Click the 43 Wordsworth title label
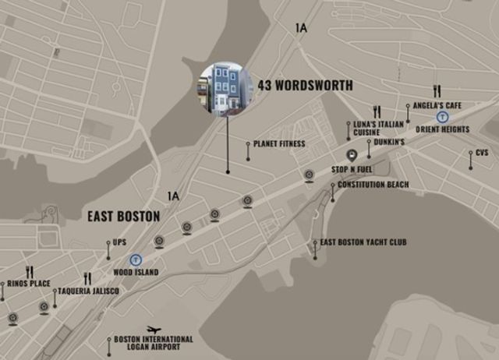[x=305, y=85]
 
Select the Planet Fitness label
[x=280, y=144]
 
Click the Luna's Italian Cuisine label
[x=378, y=129]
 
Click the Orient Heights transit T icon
[x=443, y=118]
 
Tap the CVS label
[x=482, y=153]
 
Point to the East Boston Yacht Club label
[x=363, y=242]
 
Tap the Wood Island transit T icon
[x=136, y=260]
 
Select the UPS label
[x=119, y=242]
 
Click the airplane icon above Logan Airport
[x=154, y=330]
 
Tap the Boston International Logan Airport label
[x=154, y=343]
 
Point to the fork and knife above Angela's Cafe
[x=437, y=91]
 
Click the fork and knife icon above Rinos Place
[x=30, y=272]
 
